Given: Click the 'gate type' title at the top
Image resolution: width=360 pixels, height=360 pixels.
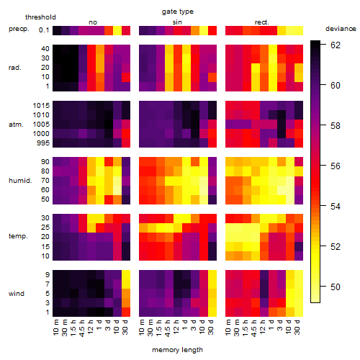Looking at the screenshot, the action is click(x=178, y=12).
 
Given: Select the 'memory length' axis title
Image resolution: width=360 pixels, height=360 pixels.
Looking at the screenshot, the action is click(x=177, y=350).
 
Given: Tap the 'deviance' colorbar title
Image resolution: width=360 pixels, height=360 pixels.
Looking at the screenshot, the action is click(x=341, y=29).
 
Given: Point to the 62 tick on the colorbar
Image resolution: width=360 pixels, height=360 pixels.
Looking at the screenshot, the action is click(x=336, y=45).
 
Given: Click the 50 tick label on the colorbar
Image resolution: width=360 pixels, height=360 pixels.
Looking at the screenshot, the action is click(x=336, y=287).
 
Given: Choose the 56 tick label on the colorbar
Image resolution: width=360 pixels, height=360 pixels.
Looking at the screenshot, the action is click(x=336, y=166).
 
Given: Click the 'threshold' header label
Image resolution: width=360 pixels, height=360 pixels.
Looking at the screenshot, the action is click(x=40, y=17).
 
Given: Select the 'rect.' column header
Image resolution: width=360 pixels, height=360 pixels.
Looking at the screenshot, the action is click(x=262, y=22).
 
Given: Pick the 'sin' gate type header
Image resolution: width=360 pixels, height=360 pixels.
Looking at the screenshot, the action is click(x=177, y=22).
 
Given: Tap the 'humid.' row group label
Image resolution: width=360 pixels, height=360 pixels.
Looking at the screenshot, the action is click(x=20, y=181).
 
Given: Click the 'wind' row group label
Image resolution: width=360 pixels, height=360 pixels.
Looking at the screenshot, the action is click(x=17, y=294).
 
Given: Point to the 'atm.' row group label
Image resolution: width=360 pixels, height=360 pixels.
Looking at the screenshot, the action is click(x=16, y=125).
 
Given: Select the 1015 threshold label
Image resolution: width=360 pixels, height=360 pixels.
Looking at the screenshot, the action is click(x=41, y=106).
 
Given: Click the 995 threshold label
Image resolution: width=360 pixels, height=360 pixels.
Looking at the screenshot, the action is click(x=43, y=143).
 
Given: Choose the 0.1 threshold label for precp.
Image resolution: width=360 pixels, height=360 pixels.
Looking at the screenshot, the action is click(x=44, y=30).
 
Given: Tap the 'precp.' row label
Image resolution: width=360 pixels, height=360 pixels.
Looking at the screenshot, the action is click(x=19, y=29).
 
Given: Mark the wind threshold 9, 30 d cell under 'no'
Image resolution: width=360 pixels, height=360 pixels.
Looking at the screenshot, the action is click(x=126, y=275).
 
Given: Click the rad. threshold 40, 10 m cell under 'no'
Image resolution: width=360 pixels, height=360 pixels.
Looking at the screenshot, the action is click(x=57, y=49).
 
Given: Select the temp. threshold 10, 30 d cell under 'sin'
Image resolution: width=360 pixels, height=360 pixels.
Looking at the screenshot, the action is click(x=212, y=256).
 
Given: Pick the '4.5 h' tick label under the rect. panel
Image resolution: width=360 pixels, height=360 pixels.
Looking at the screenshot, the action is click(x=253, y=328).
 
